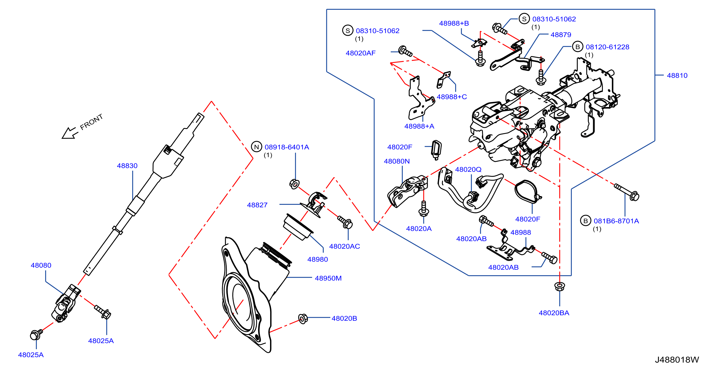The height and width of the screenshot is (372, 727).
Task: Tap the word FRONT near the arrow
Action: tap(91, 122)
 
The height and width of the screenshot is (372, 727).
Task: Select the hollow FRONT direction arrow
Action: tap(69, 133)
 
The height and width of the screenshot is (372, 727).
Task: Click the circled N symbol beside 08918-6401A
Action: tap(256, 147)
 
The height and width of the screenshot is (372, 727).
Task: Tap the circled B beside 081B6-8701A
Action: tap(585, 221)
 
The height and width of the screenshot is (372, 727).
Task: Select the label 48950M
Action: tap(328, 278)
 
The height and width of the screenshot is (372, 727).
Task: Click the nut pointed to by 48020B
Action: tap(303, 319)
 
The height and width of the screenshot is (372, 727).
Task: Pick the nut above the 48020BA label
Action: tap(559, 286)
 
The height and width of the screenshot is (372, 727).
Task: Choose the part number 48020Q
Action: tap(468, 169)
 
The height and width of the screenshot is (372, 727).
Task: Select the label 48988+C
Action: tap(452, 97)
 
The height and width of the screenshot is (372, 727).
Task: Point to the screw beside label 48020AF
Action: tap(405, 51)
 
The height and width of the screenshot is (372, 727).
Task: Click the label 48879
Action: tap(561, 35)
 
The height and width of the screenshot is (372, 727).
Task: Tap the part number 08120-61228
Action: tap(607, 47)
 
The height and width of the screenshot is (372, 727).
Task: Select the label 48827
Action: tap(257, 205)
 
